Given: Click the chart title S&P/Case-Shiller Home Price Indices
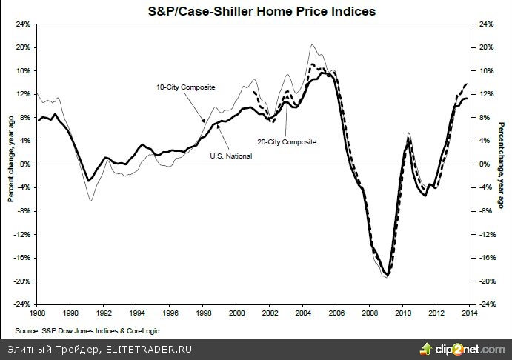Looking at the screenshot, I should point(256,11).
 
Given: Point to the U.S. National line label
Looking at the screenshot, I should point(230,156).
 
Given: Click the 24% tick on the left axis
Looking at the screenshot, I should point(23,24).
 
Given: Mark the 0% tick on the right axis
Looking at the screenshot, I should point(483,164).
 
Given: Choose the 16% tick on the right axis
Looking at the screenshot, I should point(485,70).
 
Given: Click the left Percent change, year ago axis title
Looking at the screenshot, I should point(10,163).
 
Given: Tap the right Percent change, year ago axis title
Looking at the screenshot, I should point(501,163).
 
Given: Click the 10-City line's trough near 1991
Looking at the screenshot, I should point(91,200).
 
